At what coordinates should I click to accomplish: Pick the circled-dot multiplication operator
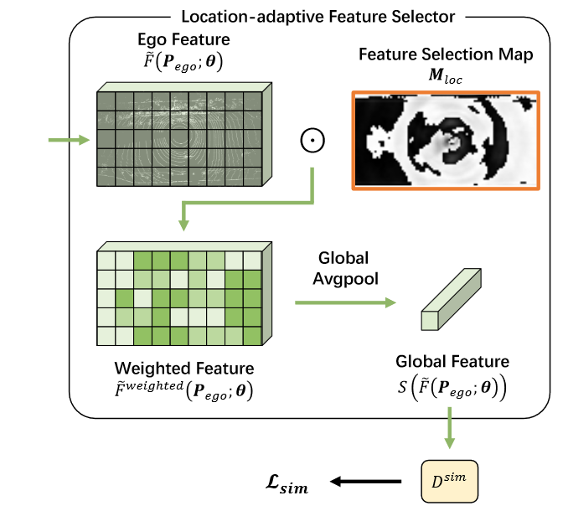(x=312, y=141)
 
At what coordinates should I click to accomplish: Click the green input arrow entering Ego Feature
(x=69, y=140)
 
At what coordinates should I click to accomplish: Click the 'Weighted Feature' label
(x=184, y=369)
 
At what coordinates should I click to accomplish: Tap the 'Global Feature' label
(x=452, y=361)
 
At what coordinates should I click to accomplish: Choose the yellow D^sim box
(x=449, y=481)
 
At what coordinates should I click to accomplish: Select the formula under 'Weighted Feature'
(x=184, y=390)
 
